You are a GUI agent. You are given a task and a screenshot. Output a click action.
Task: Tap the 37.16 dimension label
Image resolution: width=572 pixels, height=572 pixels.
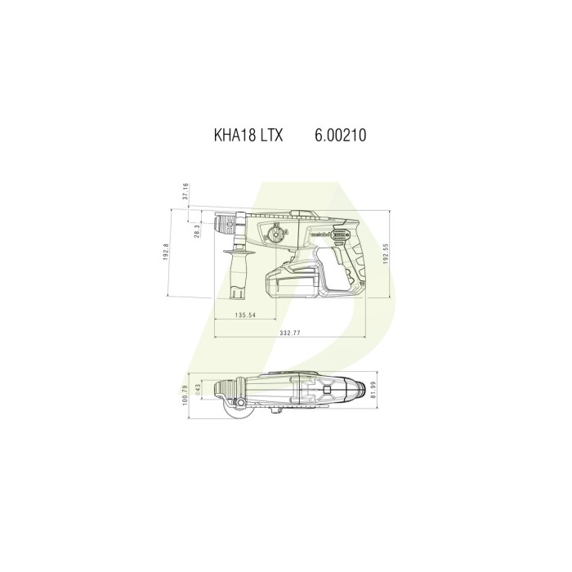[x=185, y=191]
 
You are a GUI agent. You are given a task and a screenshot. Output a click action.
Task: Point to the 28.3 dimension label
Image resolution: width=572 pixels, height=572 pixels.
[x=196, y=232]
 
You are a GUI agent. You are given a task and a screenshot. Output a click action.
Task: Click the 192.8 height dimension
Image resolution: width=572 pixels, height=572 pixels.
[x=165, y=252]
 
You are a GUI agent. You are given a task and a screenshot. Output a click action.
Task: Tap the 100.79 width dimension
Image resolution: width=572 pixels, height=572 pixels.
[x=185, y=396]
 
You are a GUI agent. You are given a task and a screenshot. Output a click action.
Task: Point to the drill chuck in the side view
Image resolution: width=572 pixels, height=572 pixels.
[x=224, y=222]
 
